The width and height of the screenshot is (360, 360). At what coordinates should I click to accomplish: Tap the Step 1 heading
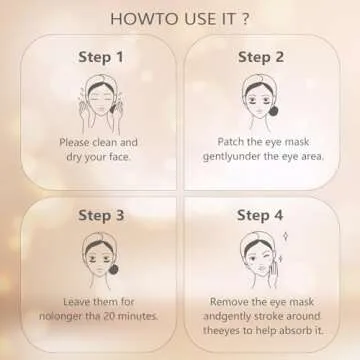click(100, 57)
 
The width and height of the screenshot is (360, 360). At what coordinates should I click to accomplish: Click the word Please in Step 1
click(77, 142)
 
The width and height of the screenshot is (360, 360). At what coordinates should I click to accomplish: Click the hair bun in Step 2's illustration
click(277, 108)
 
